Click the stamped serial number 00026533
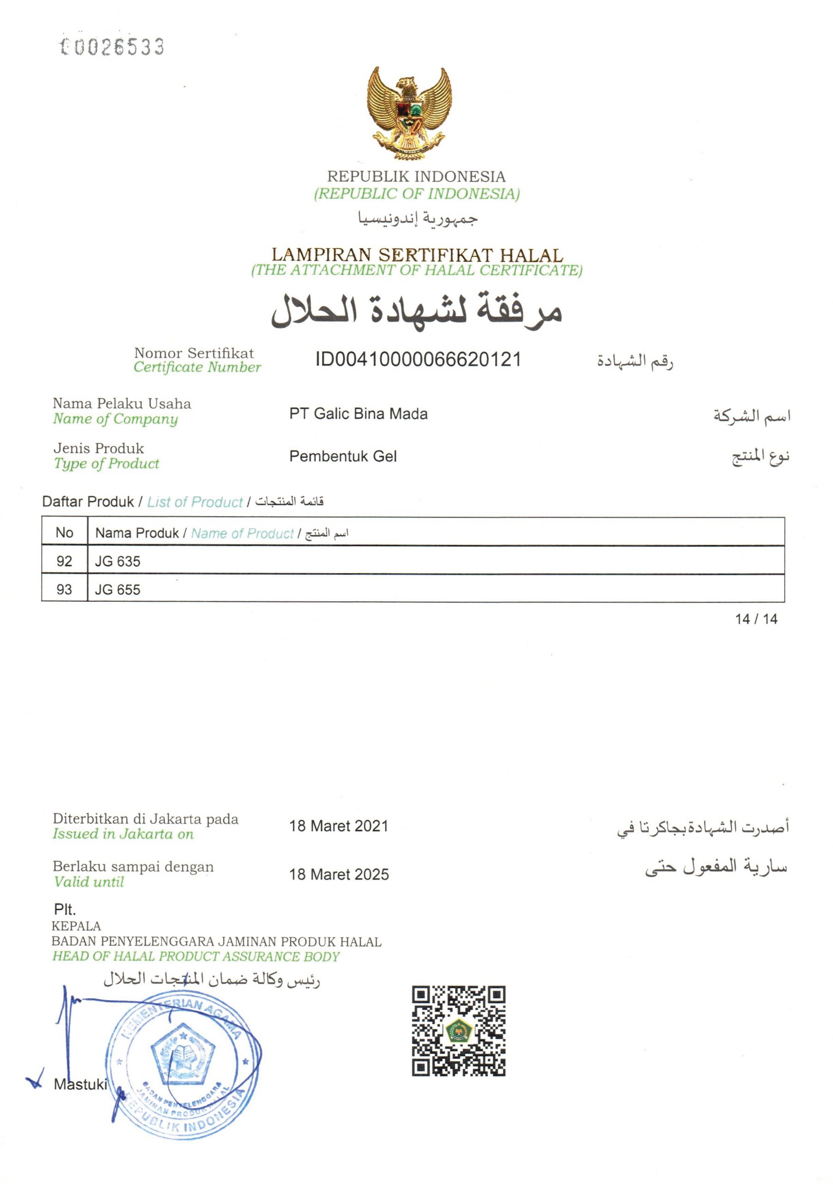point(112,47)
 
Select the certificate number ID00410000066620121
point(418,359)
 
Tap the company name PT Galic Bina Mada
point(358,413)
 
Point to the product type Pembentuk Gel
point(343,456)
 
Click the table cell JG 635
point(117,561)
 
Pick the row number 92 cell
point(64,561)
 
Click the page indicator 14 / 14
point(756,619)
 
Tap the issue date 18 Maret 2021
point(339,826)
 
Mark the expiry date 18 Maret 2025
point(339,874)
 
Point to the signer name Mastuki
point(80,1085)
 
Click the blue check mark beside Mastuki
point(35,1080)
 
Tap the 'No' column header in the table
point(64,533)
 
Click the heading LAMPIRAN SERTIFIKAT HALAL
point(417,255)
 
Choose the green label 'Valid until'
point(89,882)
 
